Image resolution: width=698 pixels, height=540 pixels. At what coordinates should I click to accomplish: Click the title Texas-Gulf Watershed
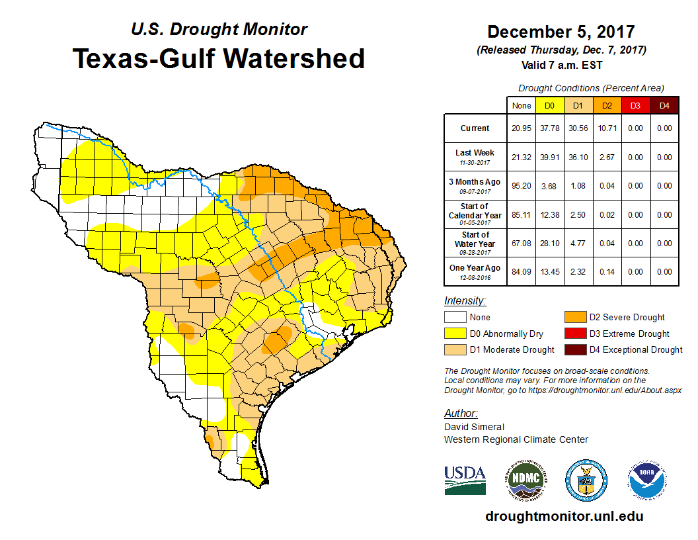click(218, 58)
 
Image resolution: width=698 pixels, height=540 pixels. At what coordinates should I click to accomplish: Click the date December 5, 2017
click(561, 32)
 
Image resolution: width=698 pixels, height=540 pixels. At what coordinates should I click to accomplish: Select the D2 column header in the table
click(606, 105)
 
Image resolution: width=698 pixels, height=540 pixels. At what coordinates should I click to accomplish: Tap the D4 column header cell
click(664, 105)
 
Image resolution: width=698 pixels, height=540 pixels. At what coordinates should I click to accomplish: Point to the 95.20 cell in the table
click(521, 186)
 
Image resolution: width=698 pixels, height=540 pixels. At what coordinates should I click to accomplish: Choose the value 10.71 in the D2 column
click(606, 128)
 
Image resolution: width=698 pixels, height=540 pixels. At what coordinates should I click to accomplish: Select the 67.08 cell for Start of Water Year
click(521, 244)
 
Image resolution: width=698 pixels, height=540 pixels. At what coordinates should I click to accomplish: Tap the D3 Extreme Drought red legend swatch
click(574, 334)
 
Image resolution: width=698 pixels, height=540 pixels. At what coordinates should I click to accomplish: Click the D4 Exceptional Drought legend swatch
click(574, 349)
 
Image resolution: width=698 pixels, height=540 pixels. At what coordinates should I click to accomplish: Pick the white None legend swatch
click(455, 318)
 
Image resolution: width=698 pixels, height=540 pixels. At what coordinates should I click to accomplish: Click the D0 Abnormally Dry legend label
click(506, 334)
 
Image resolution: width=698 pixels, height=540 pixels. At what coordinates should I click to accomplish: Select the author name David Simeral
click(474, 427)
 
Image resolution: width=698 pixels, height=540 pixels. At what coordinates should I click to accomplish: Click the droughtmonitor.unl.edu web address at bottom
click(564, 516)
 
